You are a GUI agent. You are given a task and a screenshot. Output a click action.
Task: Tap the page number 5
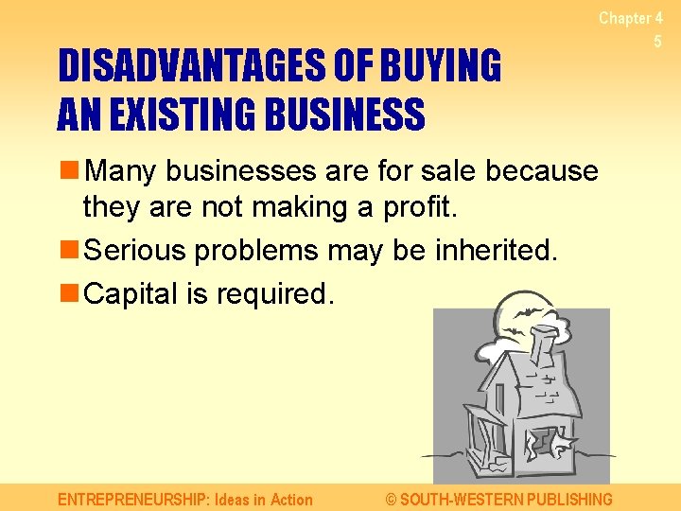click(x=657, y=42)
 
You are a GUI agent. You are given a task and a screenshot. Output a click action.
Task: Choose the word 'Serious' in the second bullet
click(x=133, y=251)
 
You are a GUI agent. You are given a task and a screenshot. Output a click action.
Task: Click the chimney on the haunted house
click(x=546, y=345)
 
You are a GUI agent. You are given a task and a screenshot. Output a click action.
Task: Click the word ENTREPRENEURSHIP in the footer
click(x=131, y=499)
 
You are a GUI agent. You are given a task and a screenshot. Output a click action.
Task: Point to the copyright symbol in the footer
click(x=393, y=499)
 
